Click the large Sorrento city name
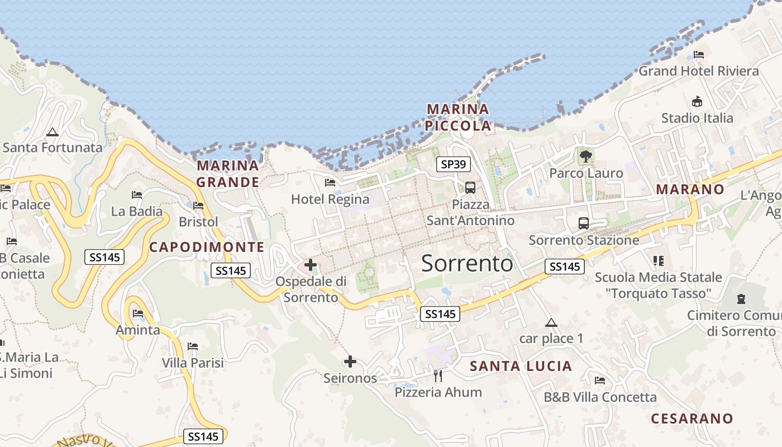[467, 263]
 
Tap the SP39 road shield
[453, 164]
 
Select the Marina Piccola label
[458, 117]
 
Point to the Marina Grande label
[228, 174]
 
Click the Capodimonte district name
[207, 247]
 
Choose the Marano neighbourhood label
[690, 189]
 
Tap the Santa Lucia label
[521, 366]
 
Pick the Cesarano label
[692, 419]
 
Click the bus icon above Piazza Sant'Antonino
[470, 187]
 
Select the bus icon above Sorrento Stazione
[584, 223]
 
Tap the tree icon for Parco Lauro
[585, 156]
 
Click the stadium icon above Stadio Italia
[697, 102]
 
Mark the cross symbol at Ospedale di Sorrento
[311, 265]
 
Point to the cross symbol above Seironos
[350, 362]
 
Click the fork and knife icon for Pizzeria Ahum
[438, 375]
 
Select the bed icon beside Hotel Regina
[330, 182]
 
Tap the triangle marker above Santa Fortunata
[53, 132]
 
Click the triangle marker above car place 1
[551, 322]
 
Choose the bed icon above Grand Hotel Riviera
[698, 55]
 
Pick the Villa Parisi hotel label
[193, 363]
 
